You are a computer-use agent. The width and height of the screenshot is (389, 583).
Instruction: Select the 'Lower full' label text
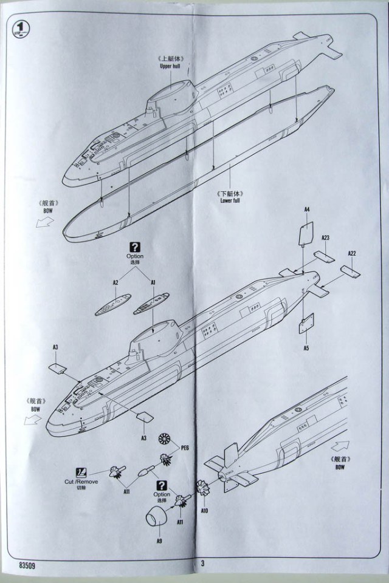(x=229, y=200)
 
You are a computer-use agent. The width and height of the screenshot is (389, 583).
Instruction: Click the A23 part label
(x=325, y=237)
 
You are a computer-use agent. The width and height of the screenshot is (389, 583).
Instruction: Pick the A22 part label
(x=352, y=253)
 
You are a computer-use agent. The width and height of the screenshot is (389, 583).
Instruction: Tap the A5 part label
(x=306, y=349)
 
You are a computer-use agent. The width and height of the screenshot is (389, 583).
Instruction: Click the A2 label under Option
(x=115, y=282)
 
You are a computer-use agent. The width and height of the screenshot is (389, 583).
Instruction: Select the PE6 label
(x=185, y=448)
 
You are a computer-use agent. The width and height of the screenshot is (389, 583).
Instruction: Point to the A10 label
(x=205, y=511)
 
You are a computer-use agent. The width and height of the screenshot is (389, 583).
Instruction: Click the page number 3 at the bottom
(x=202, y=563)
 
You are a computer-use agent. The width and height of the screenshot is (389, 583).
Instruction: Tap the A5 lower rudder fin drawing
(x=305, y=325)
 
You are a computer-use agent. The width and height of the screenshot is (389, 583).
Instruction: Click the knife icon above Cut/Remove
(x=81, y=471)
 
